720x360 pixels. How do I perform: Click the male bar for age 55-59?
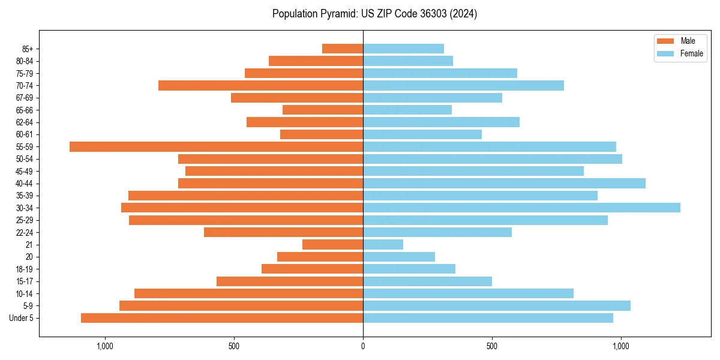point(216,146)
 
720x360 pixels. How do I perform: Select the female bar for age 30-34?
point(521,208)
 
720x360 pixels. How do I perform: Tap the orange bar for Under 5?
point(222,318)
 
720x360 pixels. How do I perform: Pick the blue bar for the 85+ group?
point(403,49)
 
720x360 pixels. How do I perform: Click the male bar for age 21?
point(332,244)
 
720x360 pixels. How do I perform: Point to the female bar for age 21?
point(383,244)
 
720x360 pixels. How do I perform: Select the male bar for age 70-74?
point(260,85)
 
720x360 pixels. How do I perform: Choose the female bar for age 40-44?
point(504,183)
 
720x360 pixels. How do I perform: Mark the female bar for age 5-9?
point(496,305)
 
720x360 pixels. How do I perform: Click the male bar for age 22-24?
point(283,232)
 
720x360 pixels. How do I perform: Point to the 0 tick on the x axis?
point(363,346)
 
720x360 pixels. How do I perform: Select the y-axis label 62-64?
point(25,122)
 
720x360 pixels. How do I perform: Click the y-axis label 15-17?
point(25,281)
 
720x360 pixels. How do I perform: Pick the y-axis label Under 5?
point(22,318)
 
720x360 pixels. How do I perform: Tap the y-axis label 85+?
point(27,49)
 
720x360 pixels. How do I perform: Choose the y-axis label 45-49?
point(25,171)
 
